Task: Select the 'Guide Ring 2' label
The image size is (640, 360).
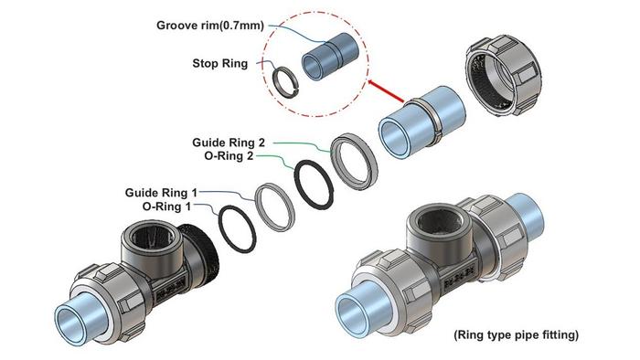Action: point(229,143)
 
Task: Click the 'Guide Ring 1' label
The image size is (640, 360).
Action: point(161,193)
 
